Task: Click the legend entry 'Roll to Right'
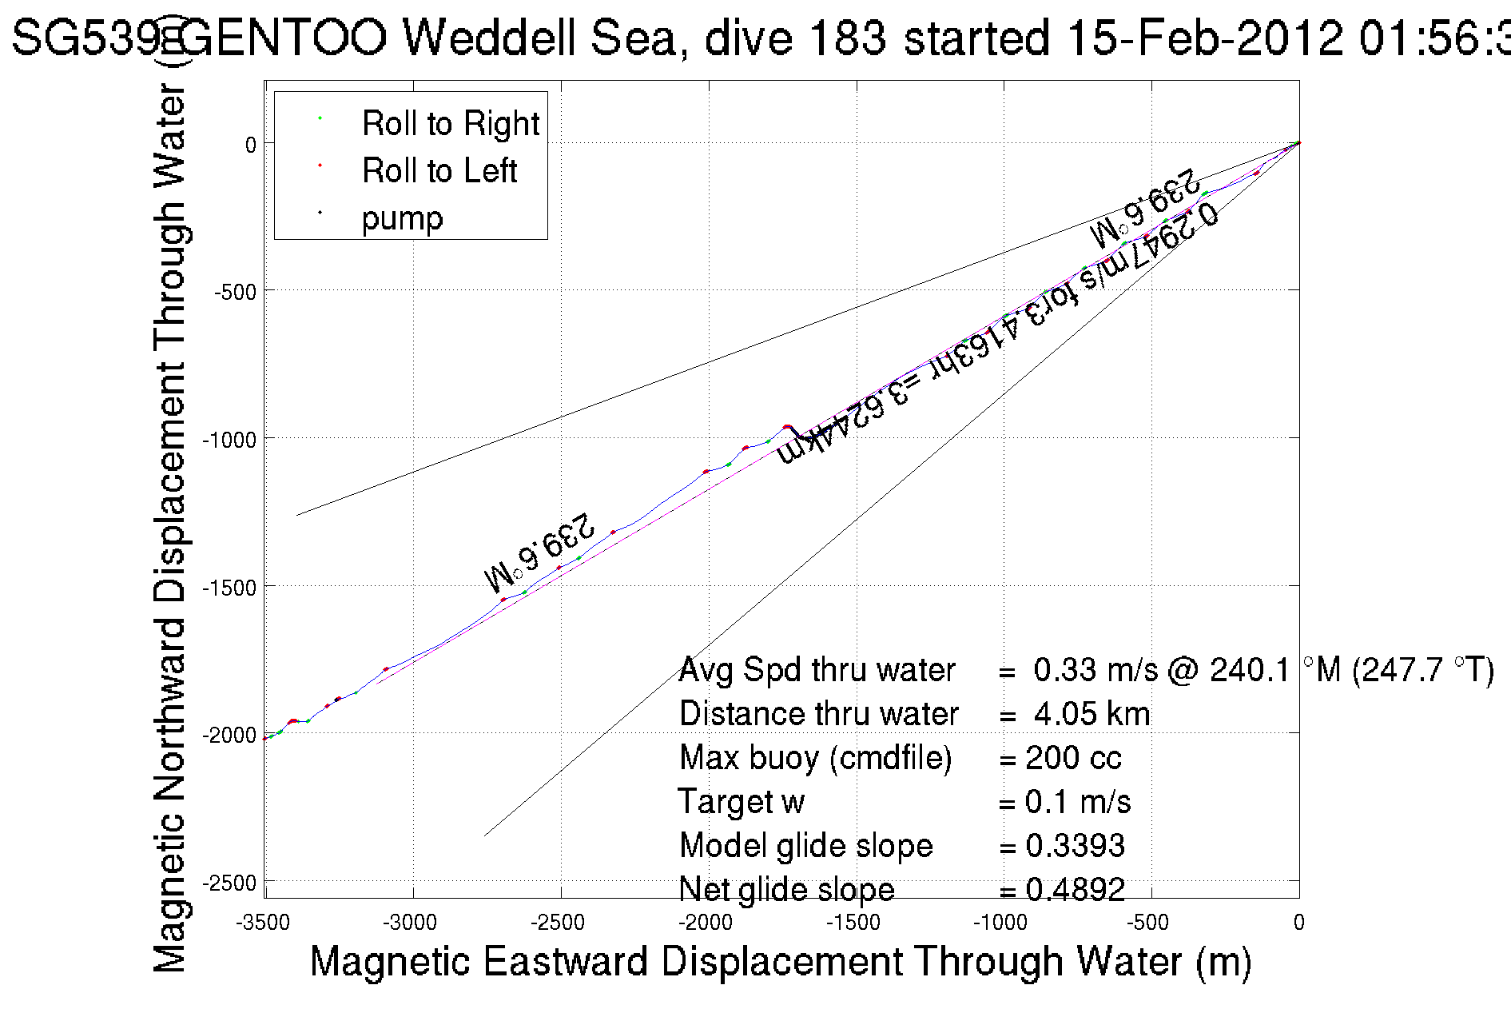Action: click(x=450, y=123)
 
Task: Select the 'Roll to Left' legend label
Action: click(x=439, y=170)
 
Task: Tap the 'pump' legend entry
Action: click(x=402, y=217)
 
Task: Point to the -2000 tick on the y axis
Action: click(x=231, y=735)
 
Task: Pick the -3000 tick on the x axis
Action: click(x=411, y=923)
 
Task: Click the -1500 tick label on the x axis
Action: click(x=853, y=923)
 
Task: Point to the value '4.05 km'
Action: click(x=1091, y=714)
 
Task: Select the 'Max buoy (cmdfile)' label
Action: click(x=815, y=758)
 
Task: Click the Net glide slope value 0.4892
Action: click(x=1075, y=889)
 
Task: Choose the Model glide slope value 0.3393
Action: click(x=1075, y=846)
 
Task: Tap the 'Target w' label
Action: click(x=741, y=802)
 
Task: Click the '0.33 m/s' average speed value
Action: click(x=1095, y=670)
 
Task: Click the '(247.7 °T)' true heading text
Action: click(x=1422, y=670)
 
